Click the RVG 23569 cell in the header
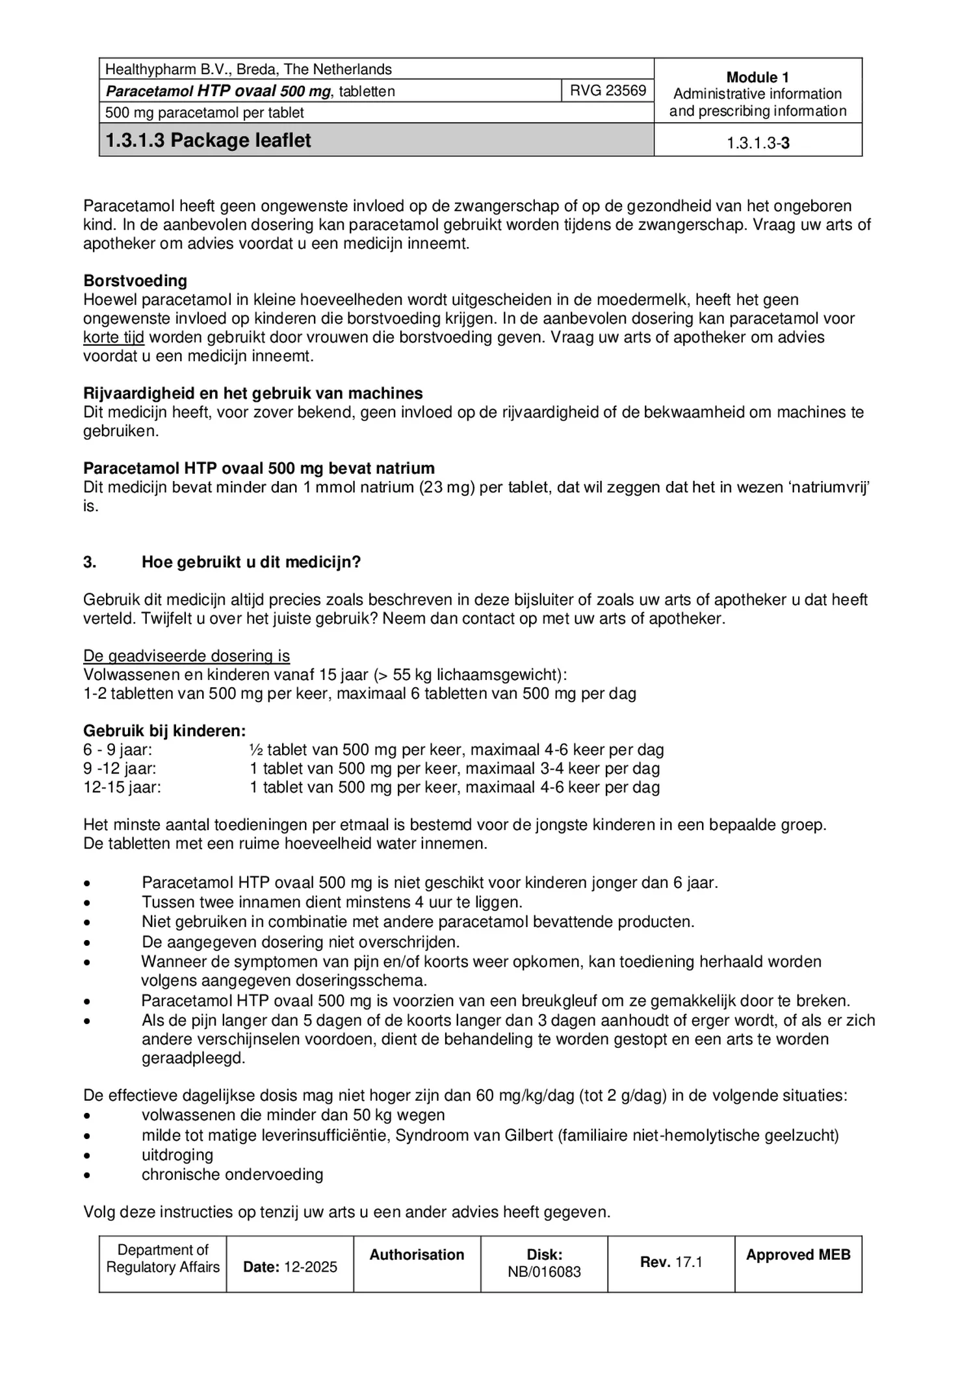tap(608, 90)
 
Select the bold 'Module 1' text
tap(757, 77)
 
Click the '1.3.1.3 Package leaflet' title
tap(209, 140)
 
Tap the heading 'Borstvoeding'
tap(135, 281)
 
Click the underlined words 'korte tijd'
tap(114, 337)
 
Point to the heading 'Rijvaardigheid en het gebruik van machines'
tap(253, 393)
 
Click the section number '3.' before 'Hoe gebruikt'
tap(90, 562)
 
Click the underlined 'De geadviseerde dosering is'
tap(187, 656)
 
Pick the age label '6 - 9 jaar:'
tap(118, 750)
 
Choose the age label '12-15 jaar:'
tap(122, 787)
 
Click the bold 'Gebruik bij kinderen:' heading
tap(164, 731)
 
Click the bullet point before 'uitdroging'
tap(87, 1156)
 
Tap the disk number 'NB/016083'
tap(544, 1272)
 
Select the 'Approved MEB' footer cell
tap(797, 1255)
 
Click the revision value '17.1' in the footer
tap(688, 1262)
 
